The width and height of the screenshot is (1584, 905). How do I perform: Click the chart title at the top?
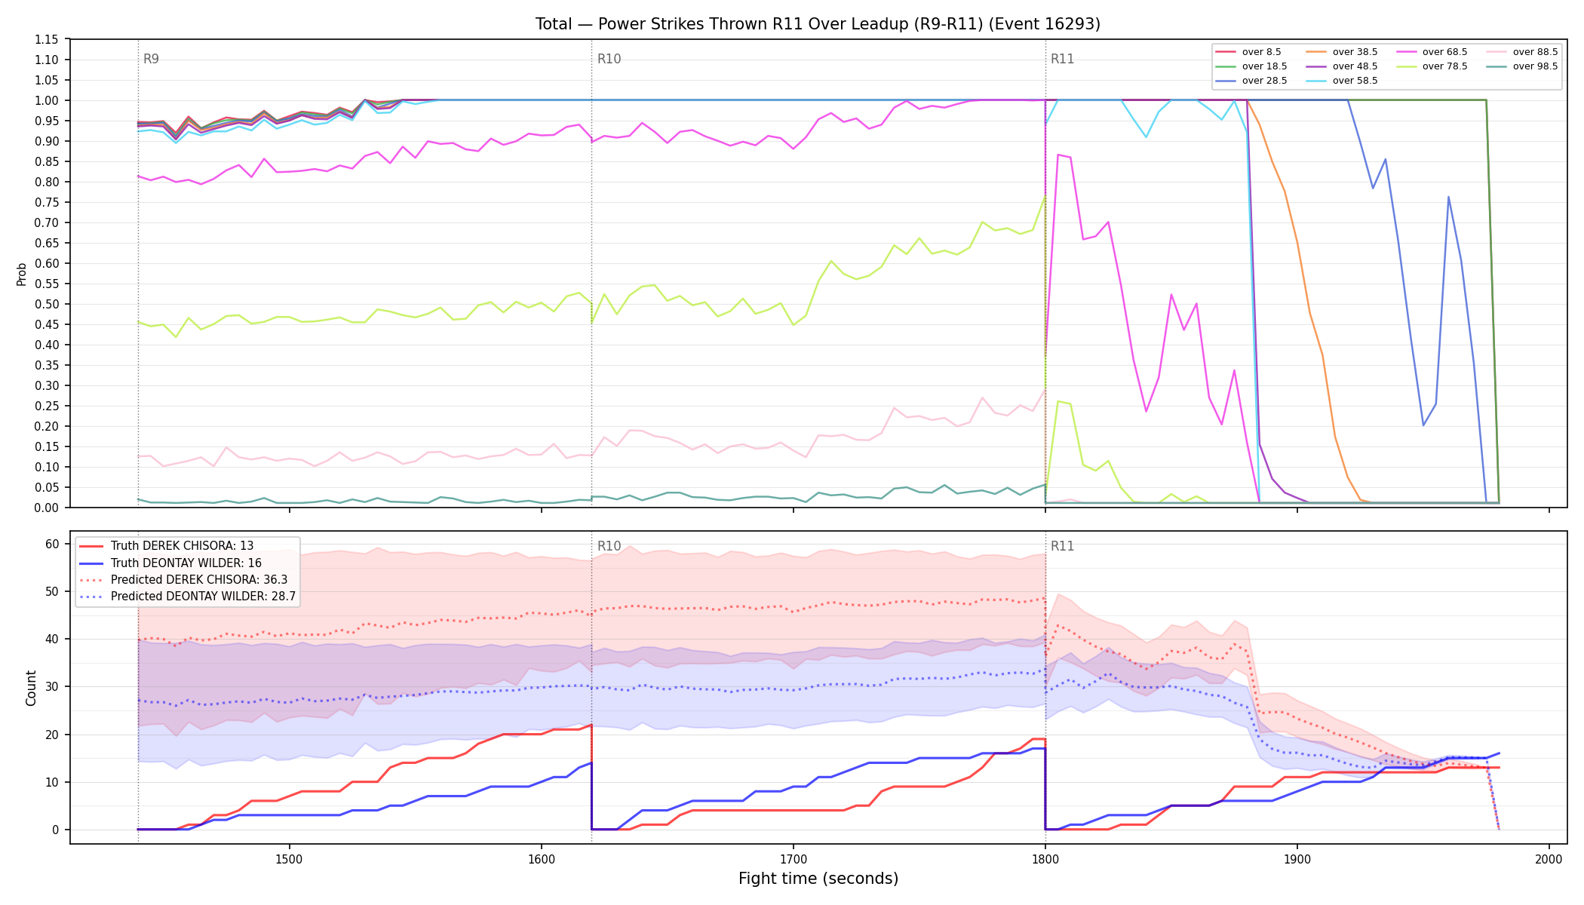[x=818, y=24]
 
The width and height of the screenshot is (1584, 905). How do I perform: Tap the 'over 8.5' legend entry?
[x=1248, y=52]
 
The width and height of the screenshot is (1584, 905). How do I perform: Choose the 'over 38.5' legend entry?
[x=1340, y=52]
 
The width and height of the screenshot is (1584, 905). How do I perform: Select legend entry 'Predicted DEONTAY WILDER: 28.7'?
[x=187, y=597]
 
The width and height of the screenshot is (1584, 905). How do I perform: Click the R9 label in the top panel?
[x=151, y=59]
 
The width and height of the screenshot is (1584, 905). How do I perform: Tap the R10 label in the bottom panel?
[x=609, y=546]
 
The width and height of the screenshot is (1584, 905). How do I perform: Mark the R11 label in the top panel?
[x=1062, y=59]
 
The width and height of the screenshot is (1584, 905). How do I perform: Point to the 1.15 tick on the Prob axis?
[x=47, y=40]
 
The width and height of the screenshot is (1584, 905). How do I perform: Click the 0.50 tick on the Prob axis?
[x=47, y=305]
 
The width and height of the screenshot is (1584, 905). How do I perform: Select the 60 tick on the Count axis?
[x=52, y=545]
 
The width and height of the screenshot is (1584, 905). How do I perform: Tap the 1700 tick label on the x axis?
[x=793, y=859]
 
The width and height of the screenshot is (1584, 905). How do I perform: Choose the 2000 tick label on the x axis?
[x=1549, y=859]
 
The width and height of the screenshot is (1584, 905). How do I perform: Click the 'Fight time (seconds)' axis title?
[x=818, y=879]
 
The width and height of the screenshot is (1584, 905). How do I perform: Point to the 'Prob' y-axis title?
[x=21, y=274]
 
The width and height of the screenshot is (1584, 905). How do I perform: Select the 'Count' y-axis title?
[x=31, y=688]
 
